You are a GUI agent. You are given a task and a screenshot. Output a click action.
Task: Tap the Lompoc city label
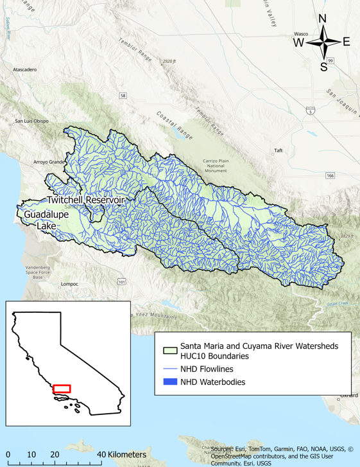69,283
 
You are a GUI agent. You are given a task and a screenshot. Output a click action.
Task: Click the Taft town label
278,151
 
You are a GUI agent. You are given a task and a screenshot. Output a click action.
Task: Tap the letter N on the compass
323,18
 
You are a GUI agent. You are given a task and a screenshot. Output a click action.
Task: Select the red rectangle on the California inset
62,389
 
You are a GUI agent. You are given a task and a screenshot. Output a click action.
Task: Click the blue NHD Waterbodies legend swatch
169,382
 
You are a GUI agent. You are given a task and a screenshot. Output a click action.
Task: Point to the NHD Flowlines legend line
169,369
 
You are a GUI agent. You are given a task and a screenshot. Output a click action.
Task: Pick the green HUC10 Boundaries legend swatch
169,351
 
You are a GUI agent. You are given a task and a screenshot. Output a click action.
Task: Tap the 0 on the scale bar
8,455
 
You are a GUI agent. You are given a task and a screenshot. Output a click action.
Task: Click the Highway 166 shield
330,175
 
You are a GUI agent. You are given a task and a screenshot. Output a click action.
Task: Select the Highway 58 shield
123,96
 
